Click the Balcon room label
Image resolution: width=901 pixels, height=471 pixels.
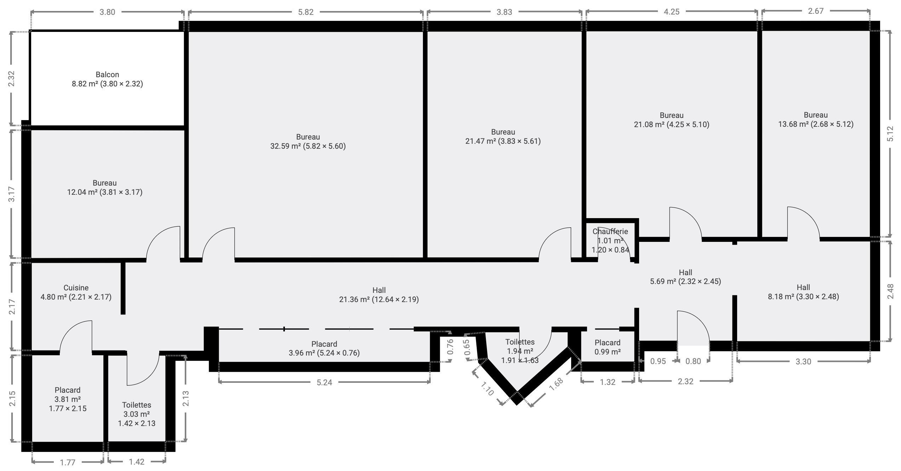107,75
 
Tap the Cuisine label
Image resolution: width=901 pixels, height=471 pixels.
76,288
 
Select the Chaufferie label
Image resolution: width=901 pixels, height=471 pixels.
610,232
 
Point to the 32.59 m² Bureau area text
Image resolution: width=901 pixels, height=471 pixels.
308,146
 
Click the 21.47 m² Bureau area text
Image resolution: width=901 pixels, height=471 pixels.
503,141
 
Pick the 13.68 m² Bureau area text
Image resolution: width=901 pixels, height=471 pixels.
816,124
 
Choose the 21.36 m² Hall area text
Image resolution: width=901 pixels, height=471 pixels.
379,300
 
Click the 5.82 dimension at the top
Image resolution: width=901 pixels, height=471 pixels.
306,12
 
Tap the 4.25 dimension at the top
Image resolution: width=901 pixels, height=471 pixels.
672,12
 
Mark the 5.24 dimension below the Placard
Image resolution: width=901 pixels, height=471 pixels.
324,382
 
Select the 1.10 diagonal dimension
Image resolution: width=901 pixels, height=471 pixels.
488,388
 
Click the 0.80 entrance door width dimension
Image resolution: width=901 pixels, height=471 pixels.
693,361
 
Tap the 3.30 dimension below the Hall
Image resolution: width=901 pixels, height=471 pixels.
803,362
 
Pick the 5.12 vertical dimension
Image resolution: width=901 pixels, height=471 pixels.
890,134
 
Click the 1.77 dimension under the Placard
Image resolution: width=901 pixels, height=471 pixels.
67,462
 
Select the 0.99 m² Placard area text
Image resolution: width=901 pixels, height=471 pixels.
608,352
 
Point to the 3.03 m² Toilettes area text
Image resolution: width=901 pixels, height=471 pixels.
137,414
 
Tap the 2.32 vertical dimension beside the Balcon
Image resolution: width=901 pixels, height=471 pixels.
12,79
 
